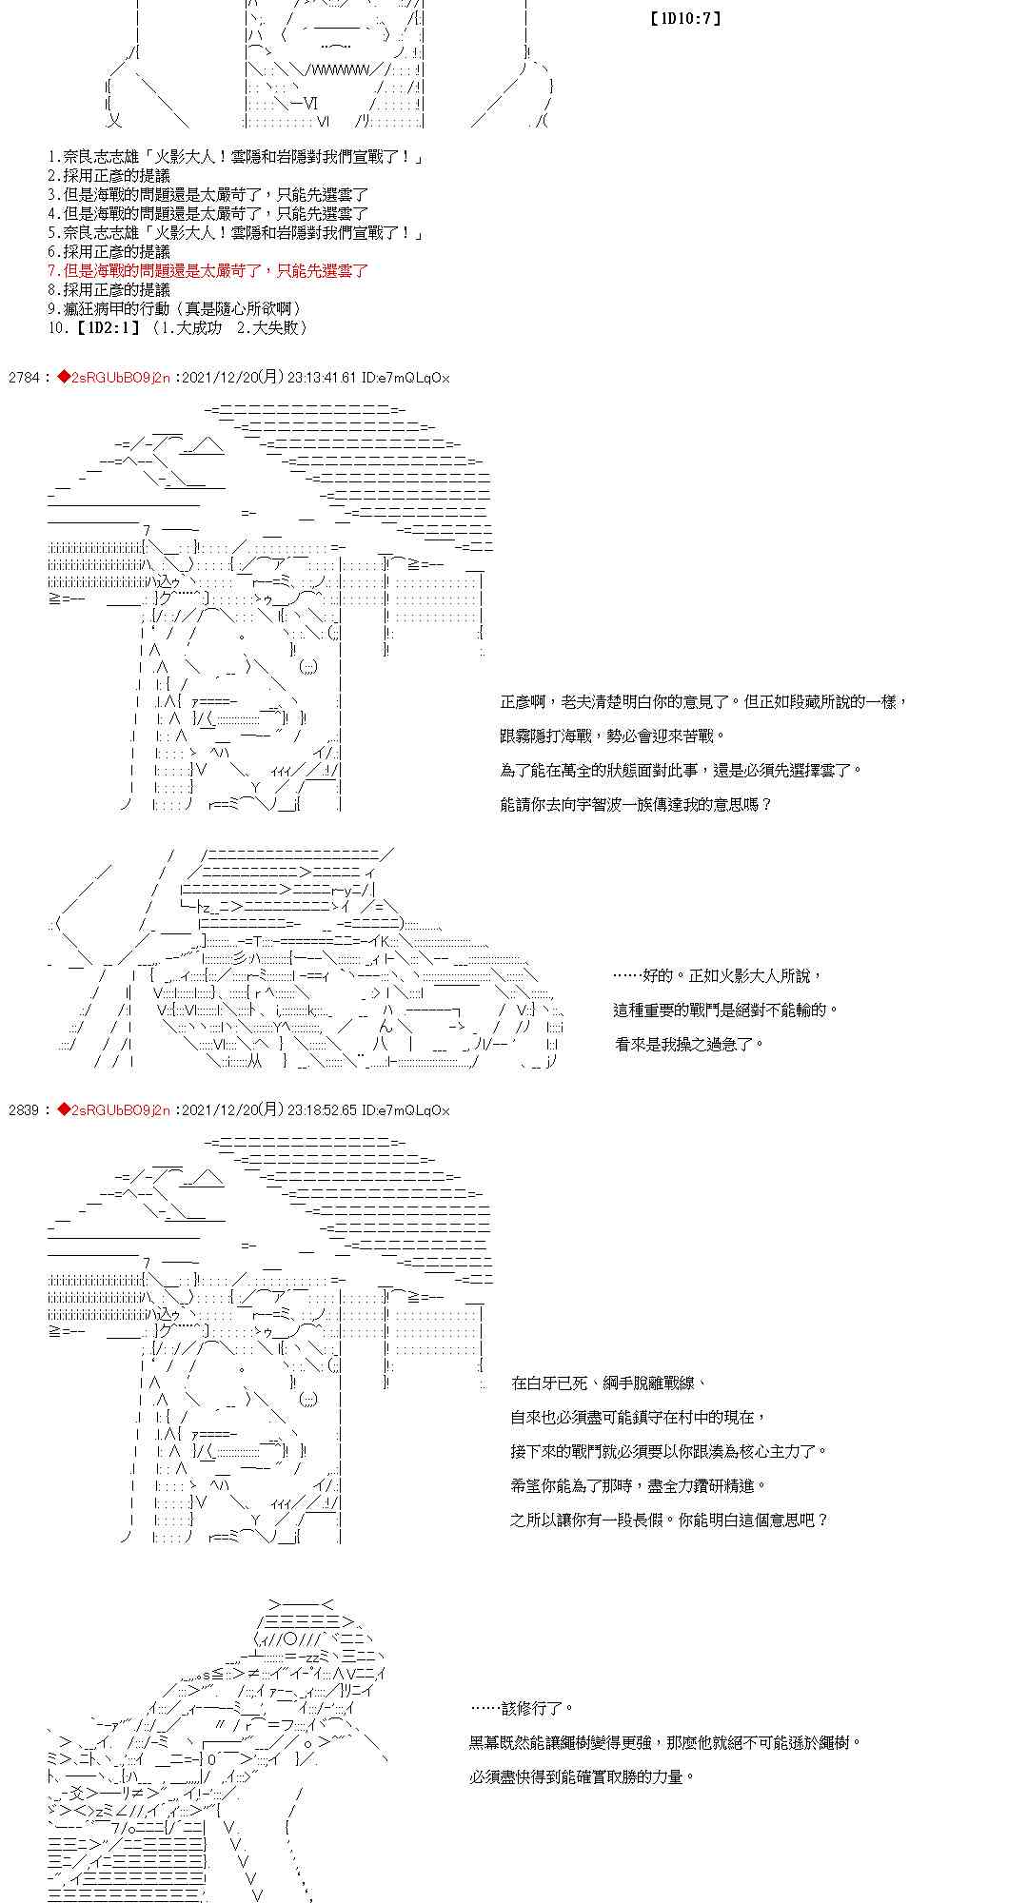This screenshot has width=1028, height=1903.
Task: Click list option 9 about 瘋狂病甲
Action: pos(175,309)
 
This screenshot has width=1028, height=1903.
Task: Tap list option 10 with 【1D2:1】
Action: pos(177,328)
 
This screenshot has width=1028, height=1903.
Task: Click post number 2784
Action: pos(23,378)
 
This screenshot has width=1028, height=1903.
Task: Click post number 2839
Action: pos(23,1110)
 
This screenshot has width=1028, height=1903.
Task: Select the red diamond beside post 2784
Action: pos(64,378)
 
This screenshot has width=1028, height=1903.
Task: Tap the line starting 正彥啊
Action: pos(702,702)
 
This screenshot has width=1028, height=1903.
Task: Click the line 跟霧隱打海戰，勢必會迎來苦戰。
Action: pos(612,736)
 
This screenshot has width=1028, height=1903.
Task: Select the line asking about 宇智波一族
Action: pos(635,805)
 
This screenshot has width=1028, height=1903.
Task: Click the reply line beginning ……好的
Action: pos(717,976)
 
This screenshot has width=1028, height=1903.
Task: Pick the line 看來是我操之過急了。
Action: pos(690,1045)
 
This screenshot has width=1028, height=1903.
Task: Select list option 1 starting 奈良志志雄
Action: pos(235,157)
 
